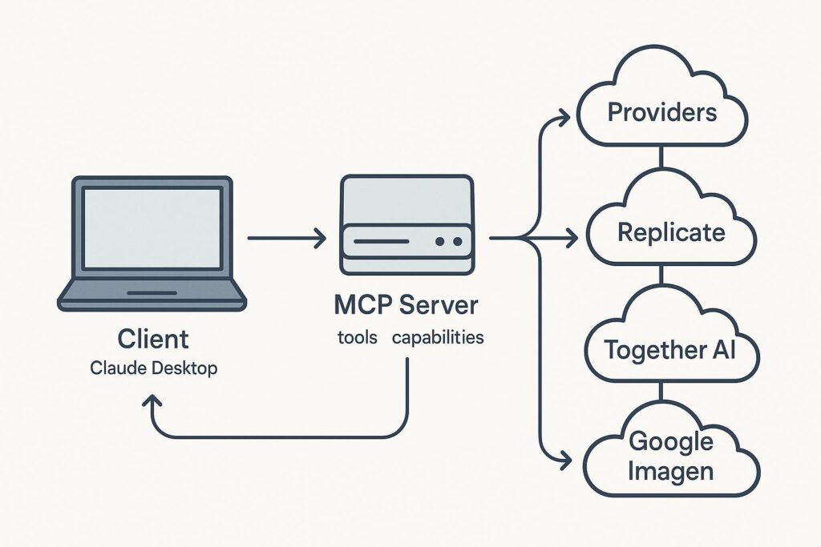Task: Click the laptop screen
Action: point(152,228)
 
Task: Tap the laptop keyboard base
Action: point(152,295)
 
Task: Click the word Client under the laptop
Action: point(152,339)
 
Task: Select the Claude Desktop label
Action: point(152,369)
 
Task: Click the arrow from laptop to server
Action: point(286,238)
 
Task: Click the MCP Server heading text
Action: point(406,305)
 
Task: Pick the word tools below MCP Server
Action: point(358,337)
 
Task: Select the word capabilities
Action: point(438,337)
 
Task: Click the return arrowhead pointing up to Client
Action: point(152,400)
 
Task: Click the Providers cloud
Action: point(661,112)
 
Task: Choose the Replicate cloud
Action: point(670,233)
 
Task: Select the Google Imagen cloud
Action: point(670,456)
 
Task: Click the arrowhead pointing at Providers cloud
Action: point(564,115)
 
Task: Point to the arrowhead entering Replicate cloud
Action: point(570,238)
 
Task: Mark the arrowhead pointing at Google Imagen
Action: point(564,461)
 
